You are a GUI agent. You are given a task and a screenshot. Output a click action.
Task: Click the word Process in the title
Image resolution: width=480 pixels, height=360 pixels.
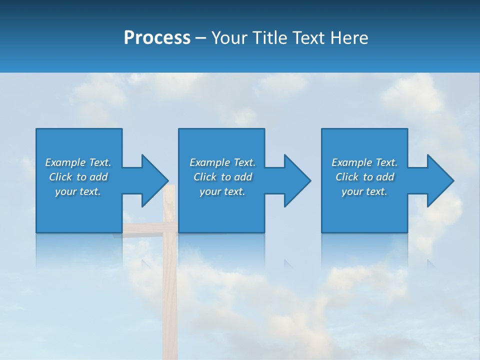pos(157,38)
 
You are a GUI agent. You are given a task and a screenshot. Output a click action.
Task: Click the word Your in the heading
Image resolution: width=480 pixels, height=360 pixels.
pos(230,38)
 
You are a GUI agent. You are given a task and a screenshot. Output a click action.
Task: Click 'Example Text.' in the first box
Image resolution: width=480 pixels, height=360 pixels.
pos(78,162)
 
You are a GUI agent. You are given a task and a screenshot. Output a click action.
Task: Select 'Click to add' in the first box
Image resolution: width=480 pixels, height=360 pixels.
pos(78,177)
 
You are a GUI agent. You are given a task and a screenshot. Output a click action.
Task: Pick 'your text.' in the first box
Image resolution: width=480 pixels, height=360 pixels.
pos(78,191)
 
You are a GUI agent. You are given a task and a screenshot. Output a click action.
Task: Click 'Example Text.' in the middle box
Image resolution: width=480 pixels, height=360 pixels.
pos(222,162)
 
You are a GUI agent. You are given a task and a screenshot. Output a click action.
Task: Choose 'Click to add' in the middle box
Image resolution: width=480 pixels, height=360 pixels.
pos(222,177)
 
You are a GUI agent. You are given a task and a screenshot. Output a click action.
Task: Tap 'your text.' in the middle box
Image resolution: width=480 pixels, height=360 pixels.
pos(222,191)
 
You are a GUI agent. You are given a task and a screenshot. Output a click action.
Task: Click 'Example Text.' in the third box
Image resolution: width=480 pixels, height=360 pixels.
pos(364,162)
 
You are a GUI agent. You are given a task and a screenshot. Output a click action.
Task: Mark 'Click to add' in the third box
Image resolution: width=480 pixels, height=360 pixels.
pos(364,177)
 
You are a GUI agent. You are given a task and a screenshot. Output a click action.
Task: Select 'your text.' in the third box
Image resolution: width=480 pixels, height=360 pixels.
pos(364,191)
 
